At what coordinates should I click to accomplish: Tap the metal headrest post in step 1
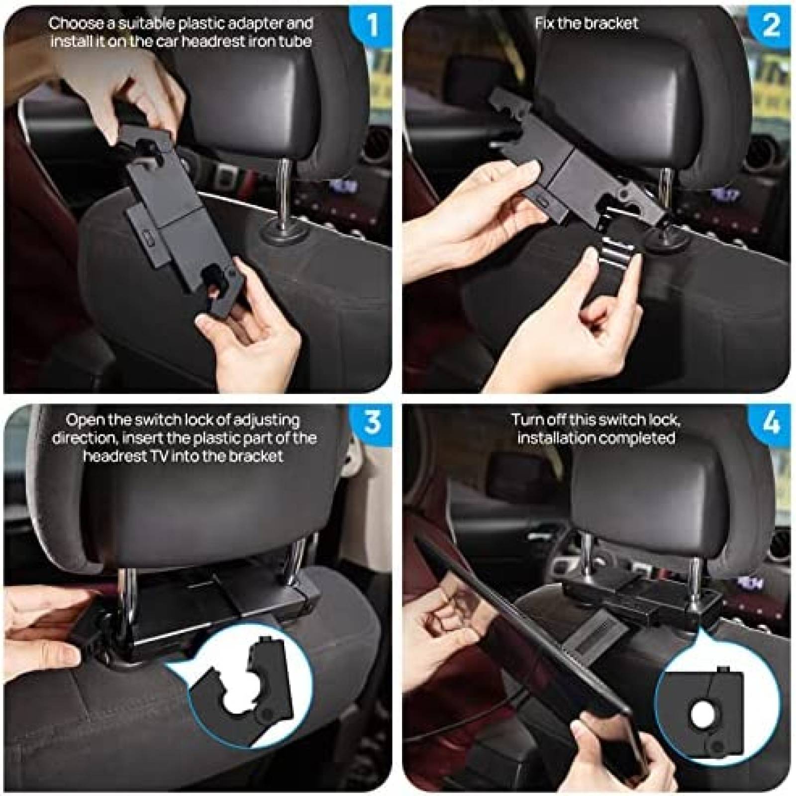282,194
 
